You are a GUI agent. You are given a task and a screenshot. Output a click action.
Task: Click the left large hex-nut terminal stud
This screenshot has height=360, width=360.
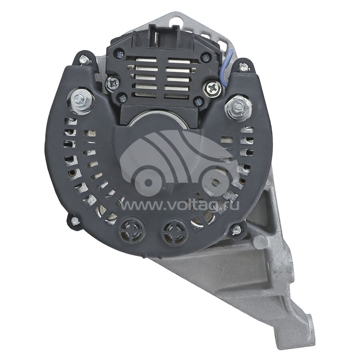[81, 100]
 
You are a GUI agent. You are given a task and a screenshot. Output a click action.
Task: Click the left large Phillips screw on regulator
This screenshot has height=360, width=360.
[112, 84]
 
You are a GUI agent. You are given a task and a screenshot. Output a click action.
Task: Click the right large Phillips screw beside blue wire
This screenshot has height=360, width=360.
[212, 88]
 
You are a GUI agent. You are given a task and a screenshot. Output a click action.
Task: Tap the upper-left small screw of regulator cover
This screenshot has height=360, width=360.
[120, 55]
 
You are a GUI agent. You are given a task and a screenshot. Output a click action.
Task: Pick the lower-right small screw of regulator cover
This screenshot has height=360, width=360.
[198, 102]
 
